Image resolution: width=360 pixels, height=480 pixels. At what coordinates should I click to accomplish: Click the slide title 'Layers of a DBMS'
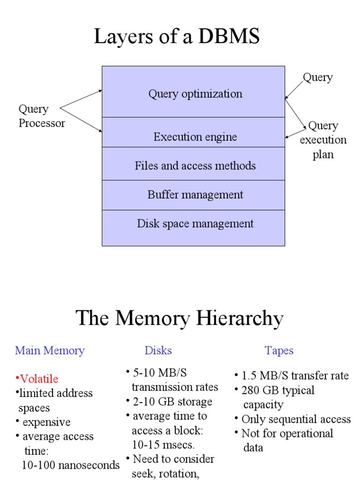pyautogui.click(x=177, y=37)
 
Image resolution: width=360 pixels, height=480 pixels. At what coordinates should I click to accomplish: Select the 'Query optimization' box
pyautogui.click(x=195, y=94)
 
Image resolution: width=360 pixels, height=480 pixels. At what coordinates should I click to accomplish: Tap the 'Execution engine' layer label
pyautogui.click(x=195, y=137)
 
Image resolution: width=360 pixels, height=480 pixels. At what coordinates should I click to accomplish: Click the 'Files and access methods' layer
pyautogui.click(x=195, y=165)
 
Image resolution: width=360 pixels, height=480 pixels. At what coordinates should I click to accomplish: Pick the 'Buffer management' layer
pyautogui.click(x=195, y=195)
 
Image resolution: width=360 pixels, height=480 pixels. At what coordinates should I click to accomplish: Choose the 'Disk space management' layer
pyautogui.click(x=195, y=224)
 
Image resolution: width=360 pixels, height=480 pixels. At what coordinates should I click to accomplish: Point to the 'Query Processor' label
pyautogui.click(x=41, y=116)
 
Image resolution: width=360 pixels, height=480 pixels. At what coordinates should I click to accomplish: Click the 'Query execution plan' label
pyautogui.click(x=323, y=140)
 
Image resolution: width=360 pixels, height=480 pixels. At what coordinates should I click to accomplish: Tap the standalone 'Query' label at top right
pyautogui.click(x=317, y=77)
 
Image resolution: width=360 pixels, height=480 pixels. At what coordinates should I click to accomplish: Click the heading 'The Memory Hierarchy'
pyautogui.click(x=180, y=319)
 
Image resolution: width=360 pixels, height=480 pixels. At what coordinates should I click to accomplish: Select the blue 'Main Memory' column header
pyautogui.click(x=50, y=350)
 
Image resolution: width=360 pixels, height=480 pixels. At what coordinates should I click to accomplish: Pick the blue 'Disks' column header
pyautogui.click(x=158, y=350)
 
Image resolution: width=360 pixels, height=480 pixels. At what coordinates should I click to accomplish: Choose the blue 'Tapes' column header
pyautogui.click(x=279, y=350)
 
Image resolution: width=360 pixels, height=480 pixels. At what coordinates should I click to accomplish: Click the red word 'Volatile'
pyautogui.click(x=39, y=379)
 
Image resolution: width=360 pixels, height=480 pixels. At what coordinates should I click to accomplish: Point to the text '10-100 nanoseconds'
pyautogui.click(x=71, y=465)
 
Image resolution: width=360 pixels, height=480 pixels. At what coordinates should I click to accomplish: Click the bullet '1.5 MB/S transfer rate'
pyautogui.click(x=295, y=375)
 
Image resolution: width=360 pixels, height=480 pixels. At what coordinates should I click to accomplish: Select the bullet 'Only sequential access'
pyautogui.click(x=296, y=419)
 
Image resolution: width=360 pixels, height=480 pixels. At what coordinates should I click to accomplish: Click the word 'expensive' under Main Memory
pyautogui.click(x=46, y=422)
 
